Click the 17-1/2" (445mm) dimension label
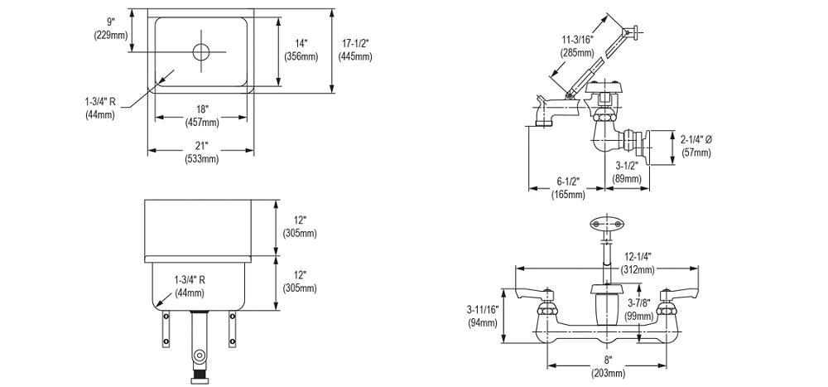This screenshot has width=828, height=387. (x=354, y=51)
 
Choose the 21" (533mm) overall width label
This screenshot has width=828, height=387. (x=202, y=152)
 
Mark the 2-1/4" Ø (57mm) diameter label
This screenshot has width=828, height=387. (x=694, y=146)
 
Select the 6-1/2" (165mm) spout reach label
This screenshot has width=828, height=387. (x=568, y=188)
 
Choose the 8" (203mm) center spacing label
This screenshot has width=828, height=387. (x=608, y=366)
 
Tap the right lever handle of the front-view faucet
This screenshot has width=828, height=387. (x=678, y=292)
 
